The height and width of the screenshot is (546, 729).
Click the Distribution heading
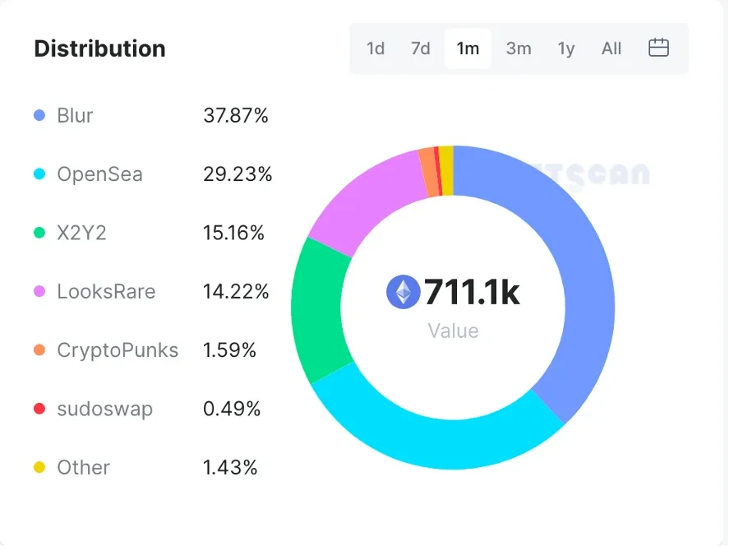(99, 49)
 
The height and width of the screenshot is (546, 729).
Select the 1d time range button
(376, 49)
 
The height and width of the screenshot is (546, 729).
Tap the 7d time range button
(421, 49)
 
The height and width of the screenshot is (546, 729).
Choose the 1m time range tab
(468, 49)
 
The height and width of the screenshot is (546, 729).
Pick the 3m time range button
(519, 49)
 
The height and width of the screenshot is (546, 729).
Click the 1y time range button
(566, 49)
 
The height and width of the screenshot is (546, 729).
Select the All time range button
(611, 49)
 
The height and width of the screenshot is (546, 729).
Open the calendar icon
(658, 48)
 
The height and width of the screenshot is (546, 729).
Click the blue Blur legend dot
(39, 116)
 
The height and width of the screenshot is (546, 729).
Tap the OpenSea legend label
(99, 174)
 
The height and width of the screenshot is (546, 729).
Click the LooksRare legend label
(106, 292)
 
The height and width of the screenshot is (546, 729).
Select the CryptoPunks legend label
(118, 350)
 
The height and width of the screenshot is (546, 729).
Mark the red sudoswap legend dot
(39, 409)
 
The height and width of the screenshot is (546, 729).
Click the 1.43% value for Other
(230, 468)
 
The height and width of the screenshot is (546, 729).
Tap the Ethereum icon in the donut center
(403, 292)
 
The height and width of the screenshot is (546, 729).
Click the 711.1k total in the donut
(472, 292)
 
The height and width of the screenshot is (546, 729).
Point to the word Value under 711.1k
(453, 331)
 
